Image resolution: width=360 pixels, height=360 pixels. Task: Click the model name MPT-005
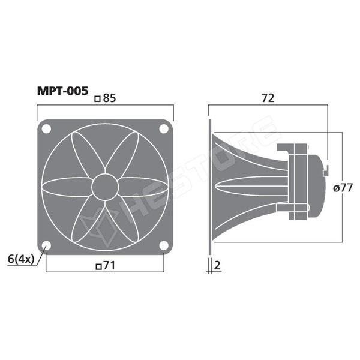point(62,91)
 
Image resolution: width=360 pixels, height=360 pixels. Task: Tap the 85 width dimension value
point(110,98)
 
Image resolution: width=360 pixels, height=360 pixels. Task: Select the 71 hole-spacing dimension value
point(109,266)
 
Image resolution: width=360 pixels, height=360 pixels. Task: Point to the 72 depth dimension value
point(268,98)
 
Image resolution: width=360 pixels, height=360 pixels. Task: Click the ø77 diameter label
point(343,188)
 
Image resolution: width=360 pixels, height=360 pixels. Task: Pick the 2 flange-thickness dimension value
point(217,265)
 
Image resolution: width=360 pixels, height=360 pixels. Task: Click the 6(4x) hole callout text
point(21,259)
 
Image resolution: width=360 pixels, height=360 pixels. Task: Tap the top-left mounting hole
point(46,129)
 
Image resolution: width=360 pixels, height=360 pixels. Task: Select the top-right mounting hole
point(164,129)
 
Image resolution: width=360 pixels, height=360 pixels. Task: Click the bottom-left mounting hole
point(46,245)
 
